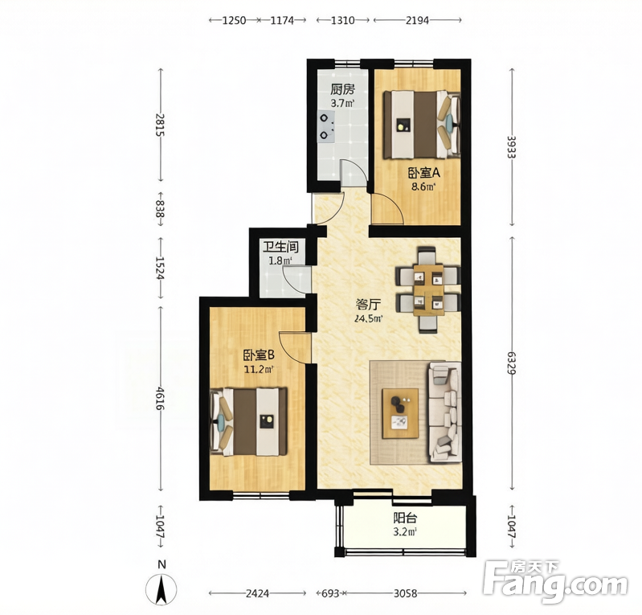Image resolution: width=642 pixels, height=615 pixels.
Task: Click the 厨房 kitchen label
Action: (x=342, y=89)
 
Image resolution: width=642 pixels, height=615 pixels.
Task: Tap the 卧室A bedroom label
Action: (x=423, y=174)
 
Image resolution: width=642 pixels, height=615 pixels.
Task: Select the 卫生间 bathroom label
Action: (x=280, y=247)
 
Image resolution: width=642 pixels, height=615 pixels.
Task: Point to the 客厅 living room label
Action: (x=368, y=305)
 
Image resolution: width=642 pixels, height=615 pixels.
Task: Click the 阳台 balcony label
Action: (x=405, y=518)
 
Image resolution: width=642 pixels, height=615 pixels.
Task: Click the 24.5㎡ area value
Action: (x=369, y=318)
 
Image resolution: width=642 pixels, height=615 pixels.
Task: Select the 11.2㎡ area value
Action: (x=259, y=370)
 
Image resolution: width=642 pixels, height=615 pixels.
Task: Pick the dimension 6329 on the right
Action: (x=511, y=363)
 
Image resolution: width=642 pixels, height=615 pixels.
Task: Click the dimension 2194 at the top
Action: (x=417, y=20)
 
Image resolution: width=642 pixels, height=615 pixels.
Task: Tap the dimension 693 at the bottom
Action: (x=330, y=592)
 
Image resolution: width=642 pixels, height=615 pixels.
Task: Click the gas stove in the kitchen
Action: (x=326, y=126)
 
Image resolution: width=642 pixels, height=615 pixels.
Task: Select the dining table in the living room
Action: (x=428, y=290)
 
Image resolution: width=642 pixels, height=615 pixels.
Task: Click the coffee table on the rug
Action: (x=400, y=413)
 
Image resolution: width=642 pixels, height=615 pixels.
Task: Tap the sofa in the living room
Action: (x=444, y=412)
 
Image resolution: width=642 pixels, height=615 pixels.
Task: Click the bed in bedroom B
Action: (x=248, y=421)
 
